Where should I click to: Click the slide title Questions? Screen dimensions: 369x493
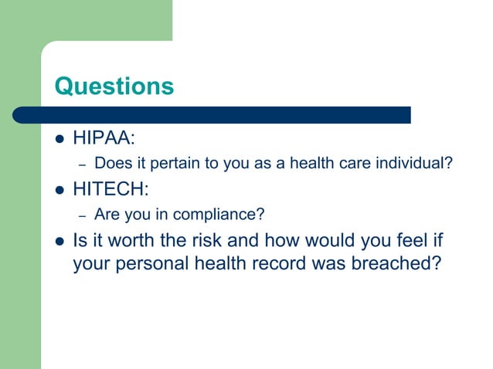tap(114, 86)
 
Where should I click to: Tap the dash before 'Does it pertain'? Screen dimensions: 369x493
tap(81, 164)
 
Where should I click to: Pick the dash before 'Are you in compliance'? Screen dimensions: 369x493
tap(81, 214)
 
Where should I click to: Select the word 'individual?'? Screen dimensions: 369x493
tap(416, 164)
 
